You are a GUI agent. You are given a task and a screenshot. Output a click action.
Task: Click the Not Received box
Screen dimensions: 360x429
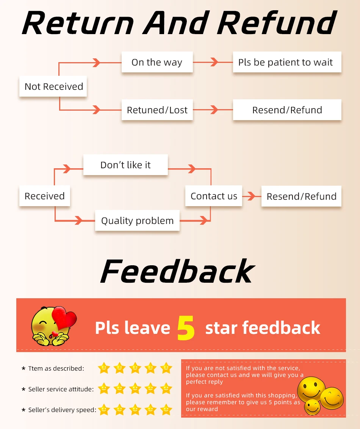click(x=53, y=86)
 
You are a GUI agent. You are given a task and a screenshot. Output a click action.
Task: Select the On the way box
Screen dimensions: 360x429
click(x=157, y=62)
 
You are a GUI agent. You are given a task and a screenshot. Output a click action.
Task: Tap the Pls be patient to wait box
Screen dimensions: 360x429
click(x=287, y=62)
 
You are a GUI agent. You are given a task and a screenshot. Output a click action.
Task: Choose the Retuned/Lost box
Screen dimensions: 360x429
click(x=157, y=110)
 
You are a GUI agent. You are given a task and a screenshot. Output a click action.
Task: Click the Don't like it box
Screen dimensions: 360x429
click(x=125, y=165)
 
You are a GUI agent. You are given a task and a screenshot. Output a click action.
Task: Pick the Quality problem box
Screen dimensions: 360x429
click(x=137, y=220)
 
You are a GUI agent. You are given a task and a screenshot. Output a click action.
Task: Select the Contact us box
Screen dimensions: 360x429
click(x=214, y=196)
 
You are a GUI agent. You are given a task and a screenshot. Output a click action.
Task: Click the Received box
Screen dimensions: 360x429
click(x=45, y=196)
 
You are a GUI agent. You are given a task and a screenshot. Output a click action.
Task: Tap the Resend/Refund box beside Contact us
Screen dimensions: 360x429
click(x=302, y=196)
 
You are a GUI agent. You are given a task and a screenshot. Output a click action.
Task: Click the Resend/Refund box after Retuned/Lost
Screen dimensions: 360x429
click(x=287, y=110)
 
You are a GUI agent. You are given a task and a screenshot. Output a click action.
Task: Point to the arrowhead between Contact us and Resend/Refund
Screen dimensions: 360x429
click(x=252, y=196)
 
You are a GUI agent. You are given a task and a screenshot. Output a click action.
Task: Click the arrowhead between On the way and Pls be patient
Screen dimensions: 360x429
click(x=214, y=62)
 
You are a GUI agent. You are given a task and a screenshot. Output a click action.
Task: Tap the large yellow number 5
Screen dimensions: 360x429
click(x=186, y=328)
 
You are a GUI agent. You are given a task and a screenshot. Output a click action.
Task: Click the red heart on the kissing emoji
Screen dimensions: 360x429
click(x=64, y=318)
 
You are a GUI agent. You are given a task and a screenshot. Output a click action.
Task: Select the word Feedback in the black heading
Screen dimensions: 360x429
click(x=178, y=271)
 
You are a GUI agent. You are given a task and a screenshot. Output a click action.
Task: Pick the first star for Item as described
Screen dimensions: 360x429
click(x=104, y=368)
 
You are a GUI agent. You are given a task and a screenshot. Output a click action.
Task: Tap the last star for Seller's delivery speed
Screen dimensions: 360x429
click(x=166, y=410)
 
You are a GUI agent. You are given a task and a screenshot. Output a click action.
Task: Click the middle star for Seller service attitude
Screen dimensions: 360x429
click(x=135, y=388)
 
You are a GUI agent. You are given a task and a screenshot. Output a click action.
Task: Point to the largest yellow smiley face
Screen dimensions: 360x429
click(x=311, y=389)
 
